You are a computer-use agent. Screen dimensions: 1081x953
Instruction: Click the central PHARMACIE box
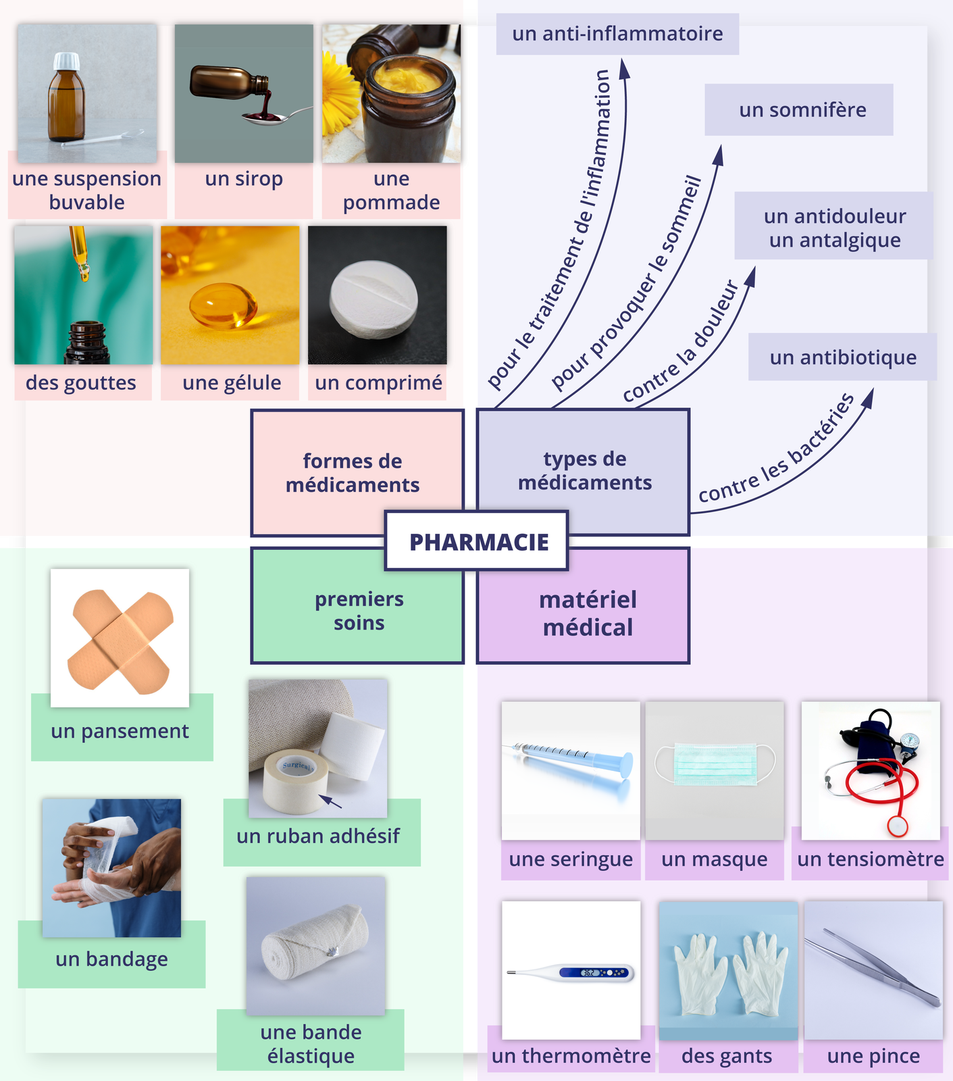pyautogui.click(x=477, y=541)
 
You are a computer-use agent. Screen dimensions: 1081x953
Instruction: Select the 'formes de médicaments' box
pyautogui.click(x=352, y=472)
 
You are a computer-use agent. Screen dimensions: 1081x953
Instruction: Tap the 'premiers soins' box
pyautogui.click(x=359, y=610)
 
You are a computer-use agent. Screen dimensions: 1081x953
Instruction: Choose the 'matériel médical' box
pyautogui.click(x=588, y=613)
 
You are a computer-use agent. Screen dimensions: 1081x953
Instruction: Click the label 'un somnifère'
pyautogui.click(x=802, y=109)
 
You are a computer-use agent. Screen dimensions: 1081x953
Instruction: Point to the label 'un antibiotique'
pyautogui.click(x=843, y=357)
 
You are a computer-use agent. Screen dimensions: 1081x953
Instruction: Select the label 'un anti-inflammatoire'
pyautogui.click(x=617, y=34)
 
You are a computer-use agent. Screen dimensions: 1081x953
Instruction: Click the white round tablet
pyautogui.click(x=374, y=298)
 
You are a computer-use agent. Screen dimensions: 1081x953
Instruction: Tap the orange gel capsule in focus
pyautogui.click(x=223, y=306)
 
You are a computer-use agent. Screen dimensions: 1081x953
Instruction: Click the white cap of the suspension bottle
pyautogui.click(x=66, y=61)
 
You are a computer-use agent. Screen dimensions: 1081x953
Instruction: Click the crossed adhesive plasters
pyautogui.click(x=120, y=640)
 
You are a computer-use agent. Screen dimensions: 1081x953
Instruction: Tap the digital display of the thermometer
pyautogui.click(x=588, y=973)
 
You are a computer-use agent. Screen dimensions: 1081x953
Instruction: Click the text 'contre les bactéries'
pyautogui.click(x=776, y=450)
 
